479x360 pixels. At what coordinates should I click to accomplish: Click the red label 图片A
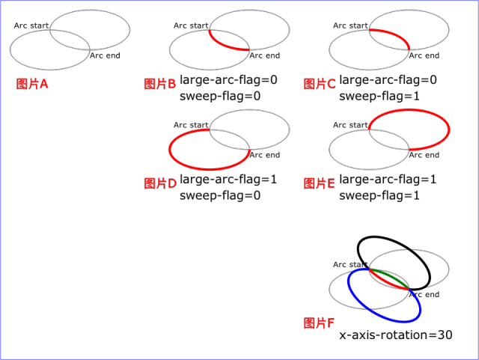[32, 84]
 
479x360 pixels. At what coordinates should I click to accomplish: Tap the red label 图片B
[159, 84]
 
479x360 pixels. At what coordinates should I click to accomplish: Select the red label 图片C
[320, 84]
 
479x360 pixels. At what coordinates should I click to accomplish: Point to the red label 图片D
[160, 183]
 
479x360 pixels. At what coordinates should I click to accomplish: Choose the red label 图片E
[320, 183]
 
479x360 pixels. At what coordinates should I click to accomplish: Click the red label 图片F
[319, 323]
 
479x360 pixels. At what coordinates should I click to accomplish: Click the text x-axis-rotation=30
[396, 335]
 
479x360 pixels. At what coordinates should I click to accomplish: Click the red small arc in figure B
[223, 45]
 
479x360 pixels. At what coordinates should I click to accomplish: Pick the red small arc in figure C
[394, 34]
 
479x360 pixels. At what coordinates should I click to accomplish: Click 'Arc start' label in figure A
[31, 25]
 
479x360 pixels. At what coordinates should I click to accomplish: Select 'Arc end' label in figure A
[105, 55]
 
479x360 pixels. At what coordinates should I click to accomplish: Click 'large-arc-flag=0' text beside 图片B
[228, 80]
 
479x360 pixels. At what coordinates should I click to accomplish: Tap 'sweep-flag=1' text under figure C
[379, 97]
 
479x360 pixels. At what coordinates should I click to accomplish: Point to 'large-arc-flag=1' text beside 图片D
[228, 179]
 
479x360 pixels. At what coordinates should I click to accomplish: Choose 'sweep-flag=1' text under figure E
[379, 195]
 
